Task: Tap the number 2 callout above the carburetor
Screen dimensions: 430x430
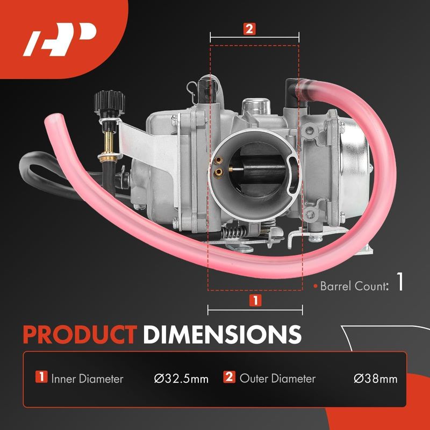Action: coord(249,29)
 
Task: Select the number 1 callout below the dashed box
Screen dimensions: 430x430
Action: coord(255,300)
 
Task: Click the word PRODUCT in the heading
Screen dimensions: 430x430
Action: coord(80,334)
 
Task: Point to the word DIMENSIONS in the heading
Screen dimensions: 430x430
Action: coord(223,334)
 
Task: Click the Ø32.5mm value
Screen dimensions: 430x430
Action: coord(181,379)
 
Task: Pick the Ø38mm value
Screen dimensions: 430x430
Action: coord(375,379)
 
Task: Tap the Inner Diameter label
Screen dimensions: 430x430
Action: coord(87,379)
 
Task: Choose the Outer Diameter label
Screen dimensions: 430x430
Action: coord(277,378)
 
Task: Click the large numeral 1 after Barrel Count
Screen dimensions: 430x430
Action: coord(400,282)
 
